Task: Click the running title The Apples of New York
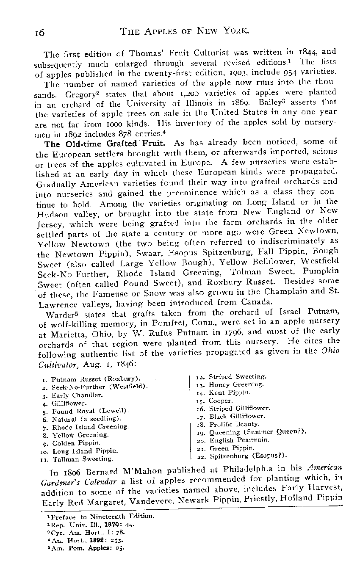185,31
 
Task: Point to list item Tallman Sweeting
82,459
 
